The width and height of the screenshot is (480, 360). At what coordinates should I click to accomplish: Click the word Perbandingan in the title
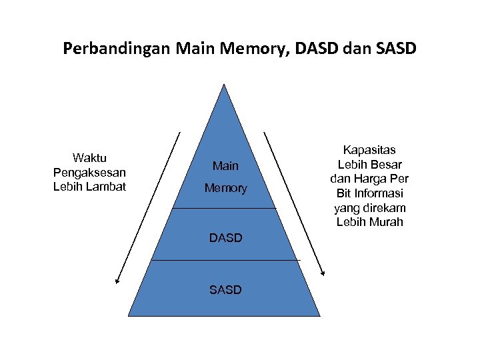pos(117,49)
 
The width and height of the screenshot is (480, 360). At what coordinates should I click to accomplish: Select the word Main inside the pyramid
pos(225,165)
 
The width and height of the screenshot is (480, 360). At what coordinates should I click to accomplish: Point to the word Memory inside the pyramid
pos(225,189)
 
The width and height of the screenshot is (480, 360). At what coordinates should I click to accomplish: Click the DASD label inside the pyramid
pos(225,237)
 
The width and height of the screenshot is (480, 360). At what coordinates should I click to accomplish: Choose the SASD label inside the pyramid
pos(225,289)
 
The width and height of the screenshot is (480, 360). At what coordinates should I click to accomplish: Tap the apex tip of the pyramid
pos(224,85)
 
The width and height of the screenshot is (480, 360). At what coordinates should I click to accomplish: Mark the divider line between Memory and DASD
pos(224,208)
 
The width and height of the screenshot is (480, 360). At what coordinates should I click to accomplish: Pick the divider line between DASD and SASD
pos(225,259)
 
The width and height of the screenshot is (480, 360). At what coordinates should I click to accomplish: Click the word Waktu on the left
pos(89,158)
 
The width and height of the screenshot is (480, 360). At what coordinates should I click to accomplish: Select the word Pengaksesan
pos(89,173)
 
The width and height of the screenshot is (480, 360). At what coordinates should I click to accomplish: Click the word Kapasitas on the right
pos(369,151)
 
